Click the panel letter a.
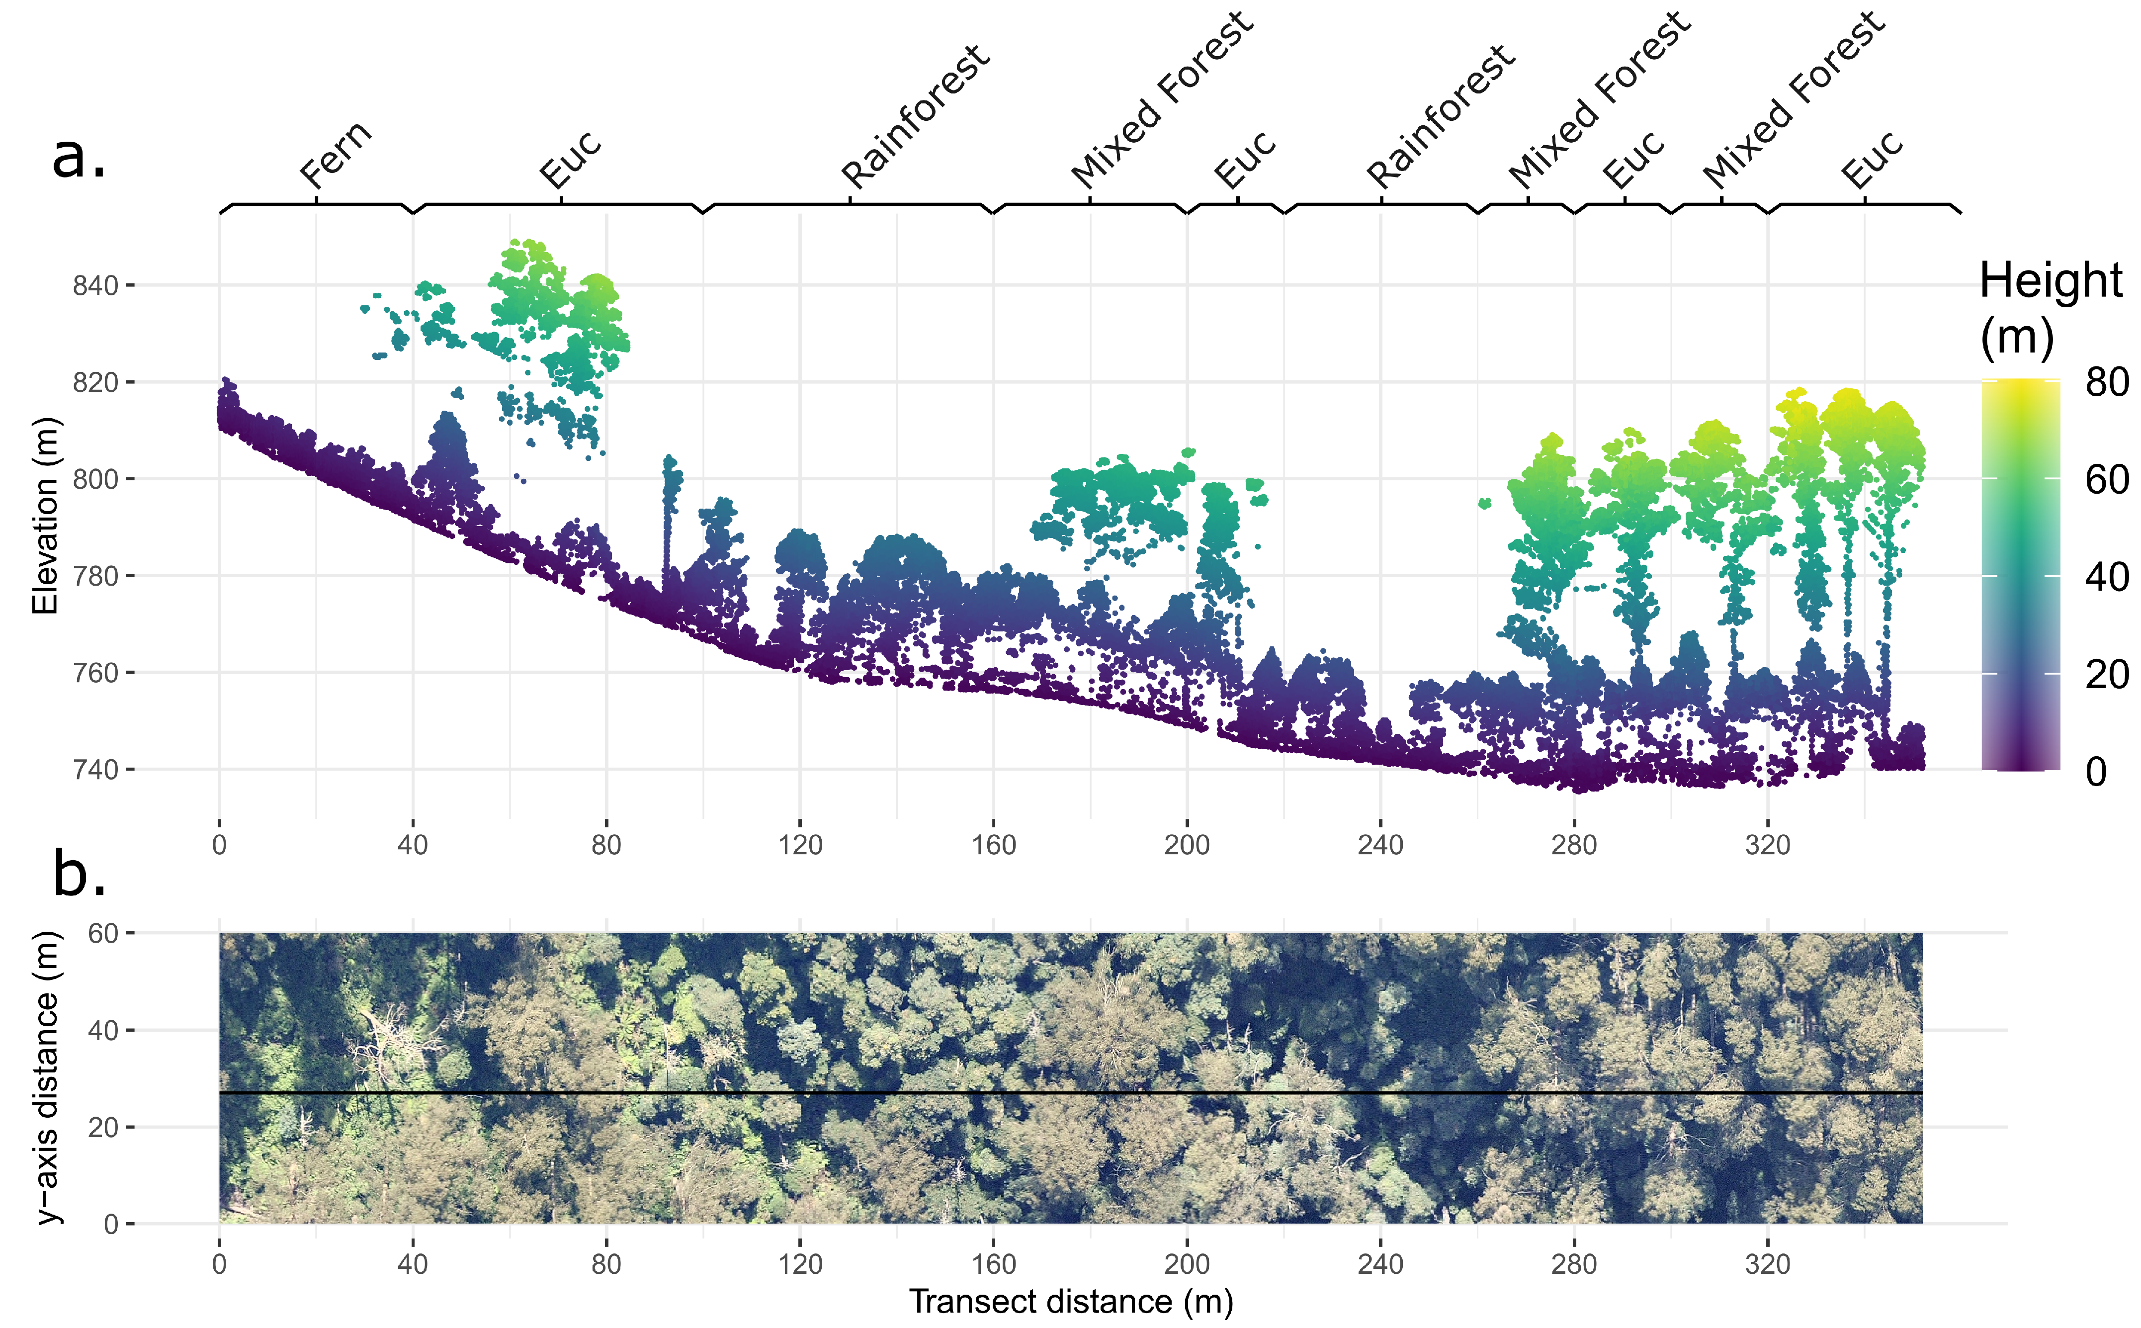coord(79,156)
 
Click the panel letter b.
coord(79,874)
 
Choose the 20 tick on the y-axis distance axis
coord(103,1127)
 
